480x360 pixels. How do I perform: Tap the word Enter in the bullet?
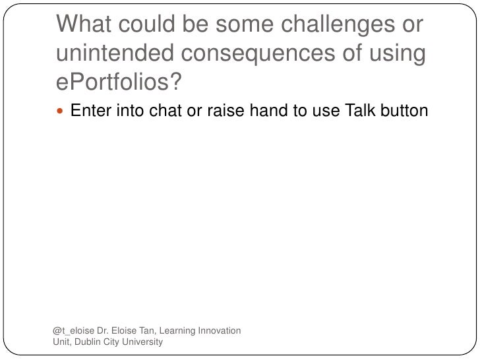point(91,111)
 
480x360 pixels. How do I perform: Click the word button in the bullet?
point(405,111)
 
